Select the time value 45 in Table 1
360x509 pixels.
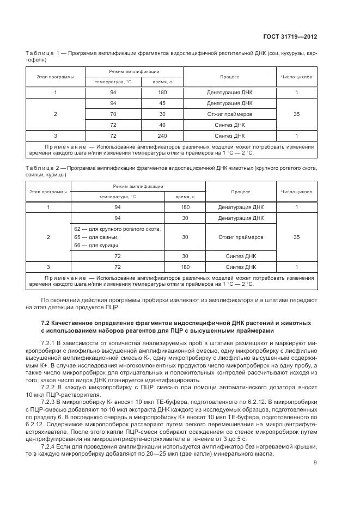point(162,103)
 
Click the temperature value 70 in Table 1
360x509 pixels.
point(113,114)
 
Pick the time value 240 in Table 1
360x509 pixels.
point(162,136)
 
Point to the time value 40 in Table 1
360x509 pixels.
point(162,125)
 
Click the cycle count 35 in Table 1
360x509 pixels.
point(296,114)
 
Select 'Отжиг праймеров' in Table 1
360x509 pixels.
point(229,114)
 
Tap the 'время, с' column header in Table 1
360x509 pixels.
point(162,82)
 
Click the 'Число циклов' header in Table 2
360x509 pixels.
point(296,192)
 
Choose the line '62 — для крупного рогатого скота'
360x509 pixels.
point(117,229)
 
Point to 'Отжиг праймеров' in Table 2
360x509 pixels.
point(240,237)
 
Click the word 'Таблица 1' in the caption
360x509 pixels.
point(40,53)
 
